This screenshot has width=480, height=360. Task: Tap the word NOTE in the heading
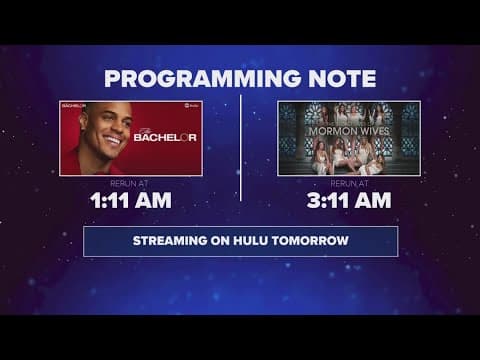(340, 79)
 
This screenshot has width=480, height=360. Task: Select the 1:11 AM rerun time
(130, 200)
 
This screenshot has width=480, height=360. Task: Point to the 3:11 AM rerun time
(348, 200)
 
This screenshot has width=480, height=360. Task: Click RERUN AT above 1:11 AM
(130, 182)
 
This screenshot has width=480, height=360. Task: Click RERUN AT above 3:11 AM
(348, 182)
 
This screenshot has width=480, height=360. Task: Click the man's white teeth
(112, 142)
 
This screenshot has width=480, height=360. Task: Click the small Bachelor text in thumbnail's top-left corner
(74, 105)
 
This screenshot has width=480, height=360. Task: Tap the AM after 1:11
(153, 200)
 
